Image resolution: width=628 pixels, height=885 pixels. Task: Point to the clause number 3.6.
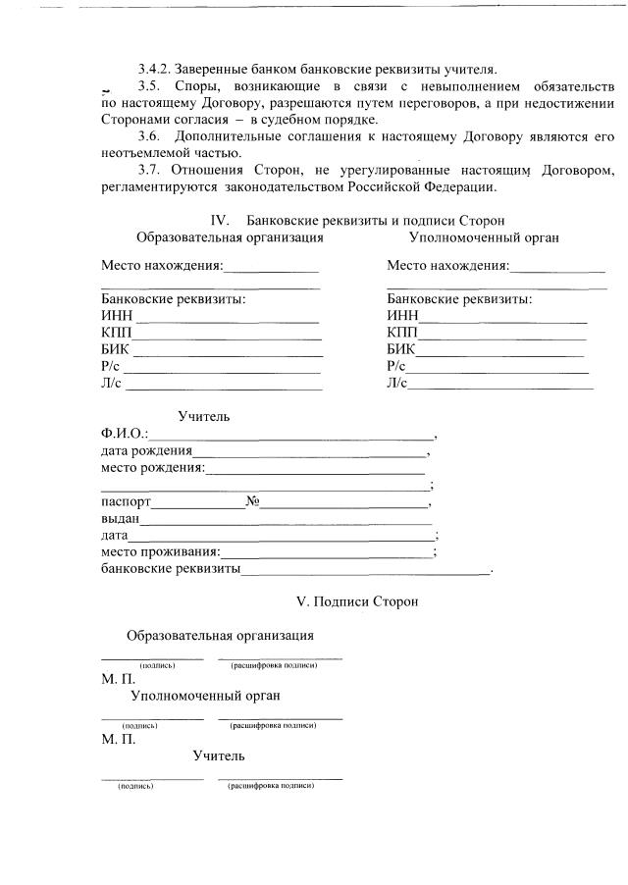tap(149, 135)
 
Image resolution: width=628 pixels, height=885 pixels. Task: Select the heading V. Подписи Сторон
tap(357, 600)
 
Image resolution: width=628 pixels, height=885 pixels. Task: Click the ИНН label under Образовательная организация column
tap(116, 316)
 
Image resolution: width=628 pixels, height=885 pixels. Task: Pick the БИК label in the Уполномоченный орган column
tap(400, 349)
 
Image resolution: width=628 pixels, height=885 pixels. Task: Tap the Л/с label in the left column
tap(110, 383)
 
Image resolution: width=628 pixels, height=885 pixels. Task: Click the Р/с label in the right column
tap(396, 366)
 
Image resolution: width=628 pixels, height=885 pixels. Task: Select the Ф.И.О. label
tap(123, 433)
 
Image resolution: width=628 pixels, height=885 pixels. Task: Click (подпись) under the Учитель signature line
tap(133, 786)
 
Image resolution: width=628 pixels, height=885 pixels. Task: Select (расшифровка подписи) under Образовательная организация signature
tap(273, 665)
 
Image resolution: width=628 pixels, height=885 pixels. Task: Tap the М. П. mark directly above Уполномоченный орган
tap(118, 679)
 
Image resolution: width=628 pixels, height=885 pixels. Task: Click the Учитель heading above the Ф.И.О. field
tap(203, 416)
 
